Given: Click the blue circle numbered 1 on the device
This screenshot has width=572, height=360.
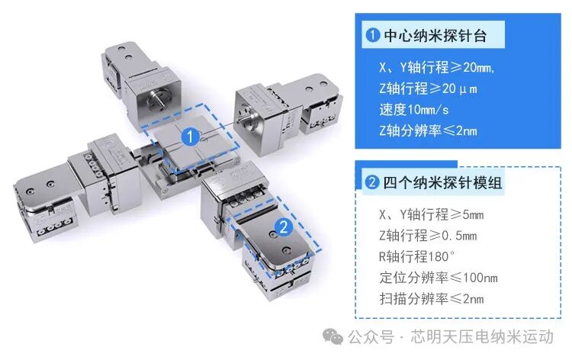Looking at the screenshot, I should coord(191,137).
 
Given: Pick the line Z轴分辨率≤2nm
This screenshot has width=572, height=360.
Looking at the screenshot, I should coord(428,130).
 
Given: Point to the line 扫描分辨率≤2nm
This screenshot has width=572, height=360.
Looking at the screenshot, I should coord(431,297).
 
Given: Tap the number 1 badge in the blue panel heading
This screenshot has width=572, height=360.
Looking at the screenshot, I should coord(372,35).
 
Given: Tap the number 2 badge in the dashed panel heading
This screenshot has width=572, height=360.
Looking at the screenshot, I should coord(372,183).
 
